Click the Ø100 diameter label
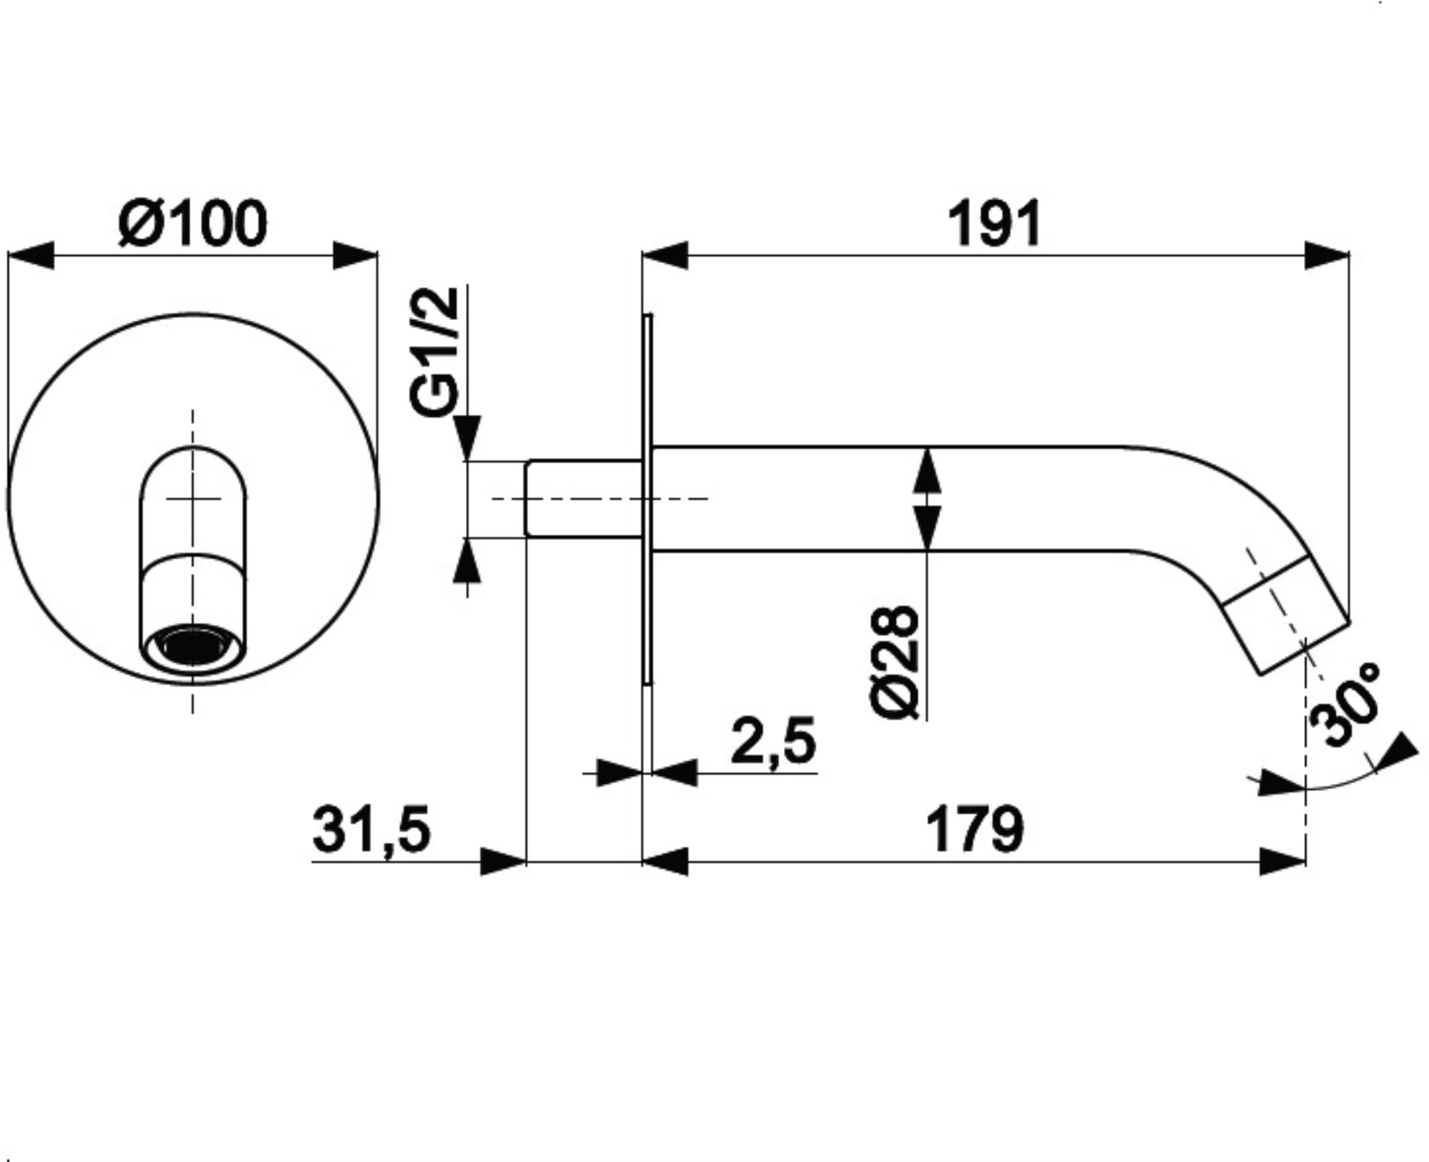[x=193, y=223]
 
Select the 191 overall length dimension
[x=994, y=224]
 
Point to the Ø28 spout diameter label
[x=895, y=662]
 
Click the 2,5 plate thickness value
[x=773, y=741]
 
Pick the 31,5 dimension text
[x=372, y=830]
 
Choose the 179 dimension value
[x=975, y=829]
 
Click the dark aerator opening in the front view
[x=193, y=647]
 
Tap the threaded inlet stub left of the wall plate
[x=584, y=498]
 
